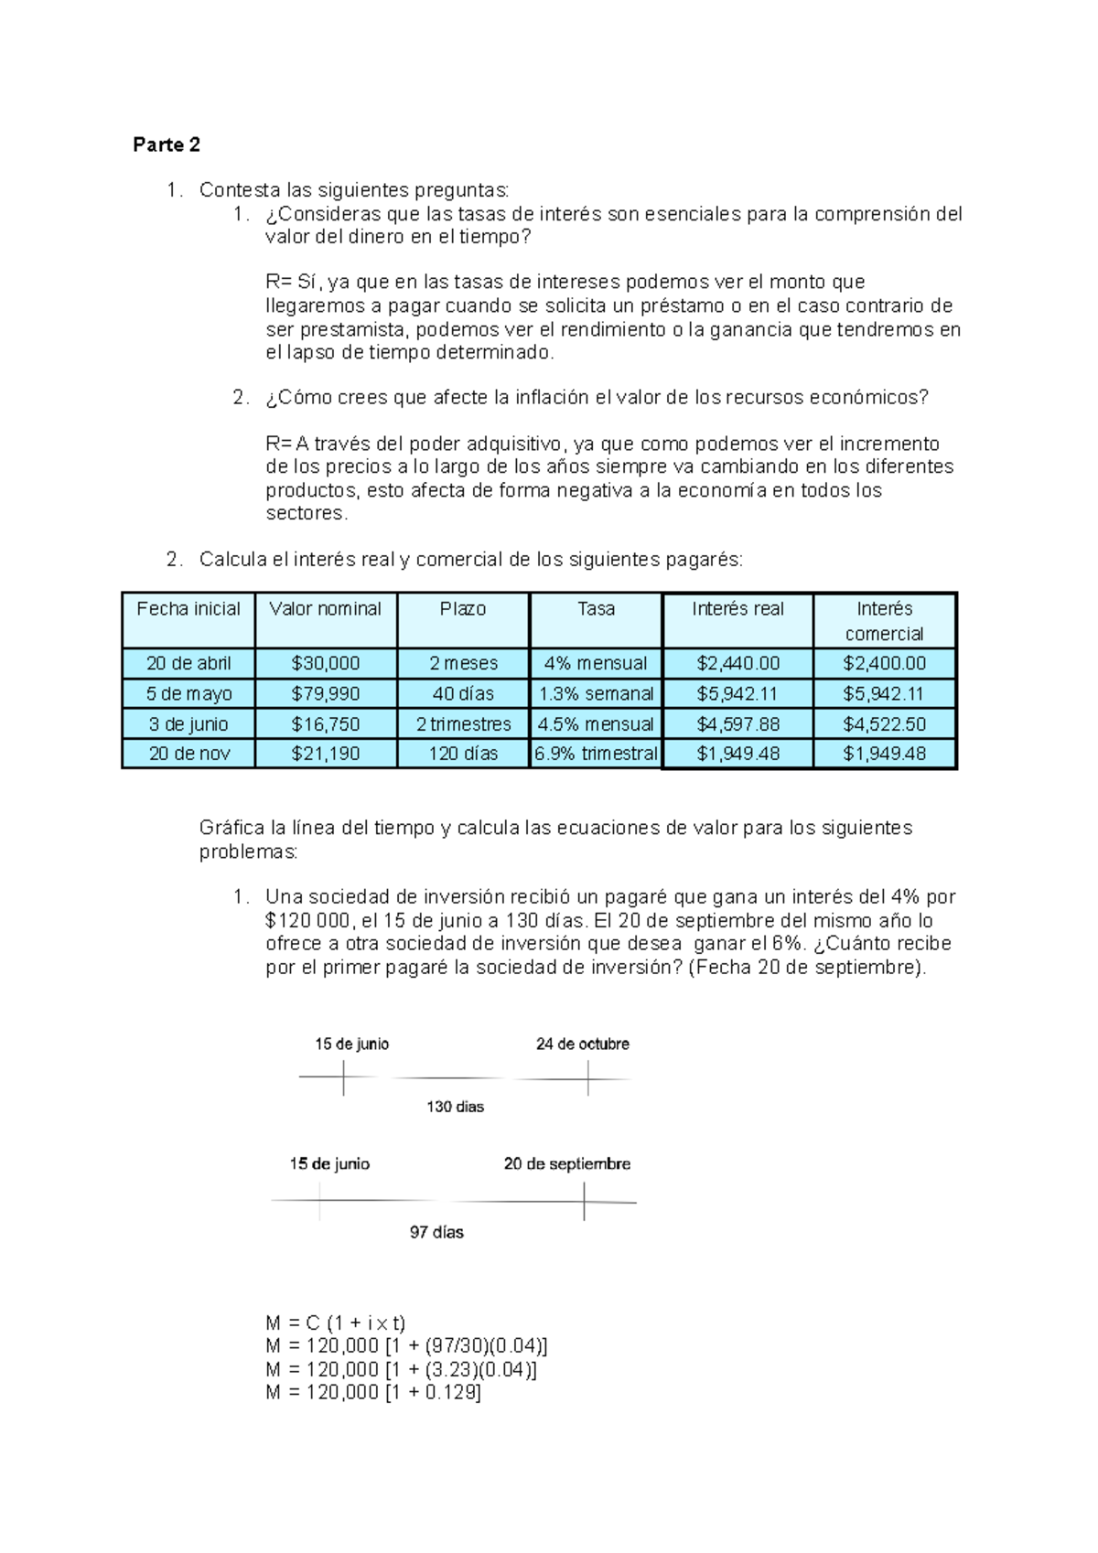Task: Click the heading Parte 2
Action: (167, 145)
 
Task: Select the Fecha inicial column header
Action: (188, 609)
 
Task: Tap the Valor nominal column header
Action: (325, 609)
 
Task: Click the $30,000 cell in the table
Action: (325, 663)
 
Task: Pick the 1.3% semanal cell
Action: (596, 693)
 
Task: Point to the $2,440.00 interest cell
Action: (737, 663)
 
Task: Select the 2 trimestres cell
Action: (463, 724)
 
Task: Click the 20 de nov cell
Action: (189, 754)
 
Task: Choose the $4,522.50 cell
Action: (884, 724)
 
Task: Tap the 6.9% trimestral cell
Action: (596, 754)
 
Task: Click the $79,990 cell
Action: (325, 693)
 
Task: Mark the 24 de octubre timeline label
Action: (582, 1044)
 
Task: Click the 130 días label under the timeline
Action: (455, 1107)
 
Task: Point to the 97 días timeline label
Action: (436, 1232)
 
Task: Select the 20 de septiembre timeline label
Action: (566, 1163)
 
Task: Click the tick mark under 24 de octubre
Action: (587, 1079)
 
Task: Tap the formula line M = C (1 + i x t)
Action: (335, 1323)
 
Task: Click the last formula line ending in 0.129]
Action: (373, 1392)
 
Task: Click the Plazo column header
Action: (463, 609)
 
